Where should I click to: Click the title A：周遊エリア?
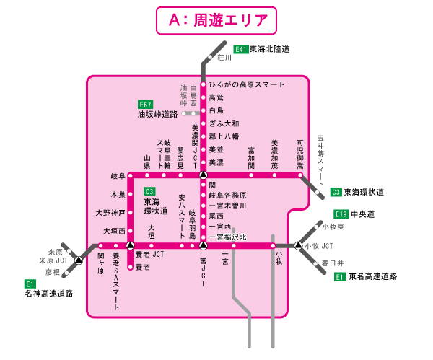(x=216, y=22)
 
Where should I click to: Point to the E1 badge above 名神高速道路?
(x=30, y=284)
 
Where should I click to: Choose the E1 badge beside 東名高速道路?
(x=340, y=276)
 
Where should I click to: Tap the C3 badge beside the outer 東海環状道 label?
(x=336, y=192)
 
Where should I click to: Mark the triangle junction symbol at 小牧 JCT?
(x=298, y=246)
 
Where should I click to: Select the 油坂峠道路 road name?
(x=157, y=115)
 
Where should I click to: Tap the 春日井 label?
(x=333, y=263)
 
